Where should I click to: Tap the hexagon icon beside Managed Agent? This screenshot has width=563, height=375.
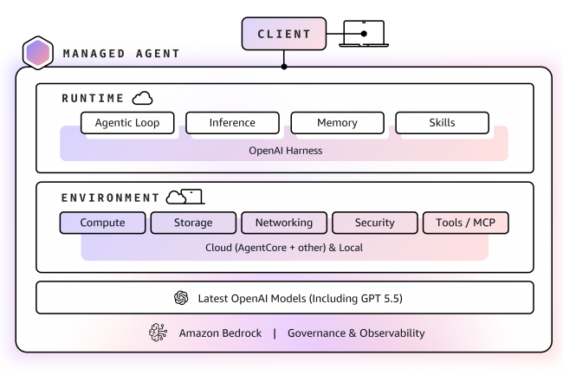click(x=37, y=54)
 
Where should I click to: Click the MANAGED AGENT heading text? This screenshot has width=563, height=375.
click(x=121, y=54)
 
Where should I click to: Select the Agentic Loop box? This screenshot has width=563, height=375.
click(x=127, y=123)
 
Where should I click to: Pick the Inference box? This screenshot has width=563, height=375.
click(x=232, y=123)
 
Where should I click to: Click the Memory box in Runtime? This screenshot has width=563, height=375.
click(x=337, y=123)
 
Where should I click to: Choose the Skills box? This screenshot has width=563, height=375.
click(x=442, y=123)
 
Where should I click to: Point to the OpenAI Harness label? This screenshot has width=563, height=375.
click(x=284, y=151)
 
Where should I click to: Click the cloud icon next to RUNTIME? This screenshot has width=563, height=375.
click(x=142, y=98)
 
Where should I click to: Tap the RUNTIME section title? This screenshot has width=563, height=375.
click(x=93, y=99)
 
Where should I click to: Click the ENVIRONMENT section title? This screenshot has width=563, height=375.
click(x=110, y=198)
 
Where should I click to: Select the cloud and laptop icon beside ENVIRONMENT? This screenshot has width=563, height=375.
click(x=184, y=197)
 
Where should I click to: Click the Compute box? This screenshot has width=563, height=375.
click(x=102, y=223)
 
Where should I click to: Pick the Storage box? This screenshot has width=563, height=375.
click(x=193, y=223)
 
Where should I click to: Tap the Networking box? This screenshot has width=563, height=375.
click(x=283, y=223)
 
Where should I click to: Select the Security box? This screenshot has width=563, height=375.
click(x=374, y=223)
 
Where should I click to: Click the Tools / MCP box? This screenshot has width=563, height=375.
click(x=465, y=223)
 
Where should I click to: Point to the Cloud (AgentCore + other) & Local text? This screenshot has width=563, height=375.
click(x=284, y=248)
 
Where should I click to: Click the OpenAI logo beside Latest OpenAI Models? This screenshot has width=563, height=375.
click(x=181, y=298)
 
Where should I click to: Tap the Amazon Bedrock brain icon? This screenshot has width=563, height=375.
click(x=158, y=333)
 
